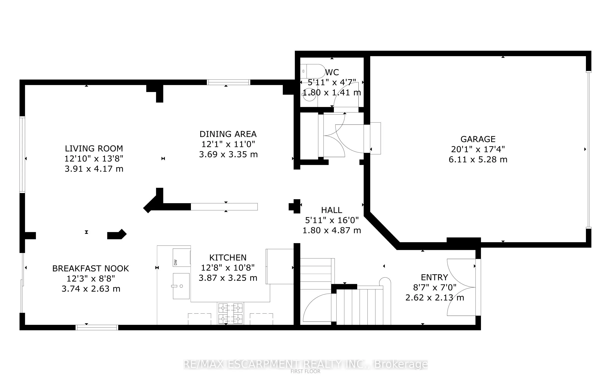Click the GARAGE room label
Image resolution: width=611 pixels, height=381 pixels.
tap(478, 139)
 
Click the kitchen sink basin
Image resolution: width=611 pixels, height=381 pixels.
tap(181, 286)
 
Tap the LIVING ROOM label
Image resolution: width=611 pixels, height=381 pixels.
tap(94, 148)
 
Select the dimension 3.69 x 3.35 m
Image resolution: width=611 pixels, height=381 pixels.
tap(228, 154)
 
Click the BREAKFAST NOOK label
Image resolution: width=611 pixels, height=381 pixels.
tap(91, 268)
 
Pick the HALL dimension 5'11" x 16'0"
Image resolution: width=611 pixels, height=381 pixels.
tap(332, 220)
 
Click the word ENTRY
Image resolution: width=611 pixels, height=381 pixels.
tap(434, 277)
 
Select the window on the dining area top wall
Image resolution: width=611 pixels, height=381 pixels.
tap(228, 82)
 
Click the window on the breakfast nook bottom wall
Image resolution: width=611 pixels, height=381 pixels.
tap(97, 327)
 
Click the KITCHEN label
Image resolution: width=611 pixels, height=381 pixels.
tap(228, 258)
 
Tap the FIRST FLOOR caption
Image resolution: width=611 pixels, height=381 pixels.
tap(305, 371)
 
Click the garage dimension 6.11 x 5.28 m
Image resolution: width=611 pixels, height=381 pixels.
tap(478, 159)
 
